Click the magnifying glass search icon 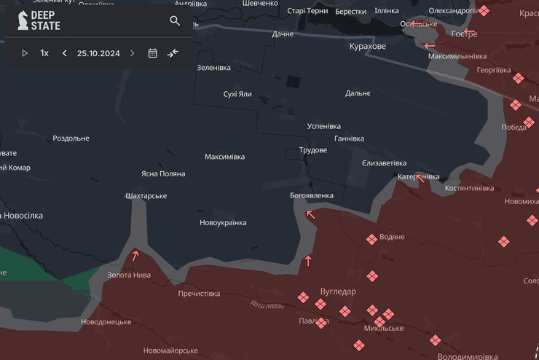pos(175,21)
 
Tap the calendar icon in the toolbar pos(153,53)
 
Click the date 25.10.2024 pos(98,53)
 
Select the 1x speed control pos(44,53)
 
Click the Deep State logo pos(39,20)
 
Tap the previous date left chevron pos(65,53)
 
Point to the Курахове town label pos(367,46)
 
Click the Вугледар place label pos(338,291)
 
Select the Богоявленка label pos(312,195)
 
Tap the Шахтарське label pos(146,196)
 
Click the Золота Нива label pos(129,275)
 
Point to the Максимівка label pos(224,157)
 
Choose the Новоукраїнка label pos(223,223)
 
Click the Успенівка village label pos(324,126)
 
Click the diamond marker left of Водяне pos(371,239)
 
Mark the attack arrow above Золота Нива pos(135,256)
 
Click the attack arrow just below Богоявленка pos(311,214)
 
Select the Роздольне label pos(71,138)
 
